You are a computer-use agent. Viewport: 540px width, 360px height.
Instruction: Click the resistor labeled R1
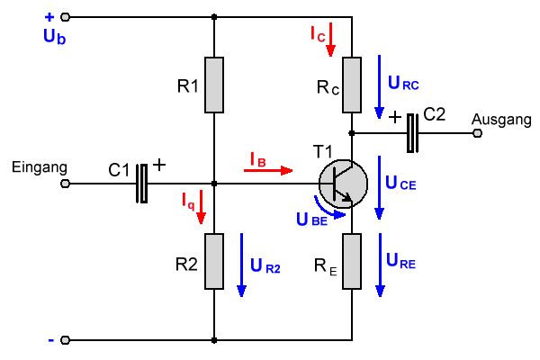[213, 85]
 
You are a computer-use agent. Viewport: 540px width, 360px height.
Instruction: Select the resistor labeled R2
[213, 261]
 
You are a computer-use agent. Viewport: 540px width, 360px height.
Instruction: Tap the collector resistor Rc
[351, 85]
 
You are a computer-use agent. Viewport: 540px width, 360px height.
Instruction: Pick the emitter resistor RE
[351, 261]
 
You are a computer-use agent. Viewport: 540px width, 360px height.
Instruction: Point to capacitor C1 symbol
[141, 183]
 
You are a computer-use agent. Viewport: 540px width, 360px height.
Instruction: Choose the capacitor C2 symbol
[413, 132]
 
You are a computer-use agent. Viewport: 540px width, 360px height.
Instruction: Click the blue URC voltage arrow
[379, 85]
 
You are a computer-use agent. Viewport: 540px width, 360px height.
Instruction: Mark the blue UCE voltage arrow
[379, 184]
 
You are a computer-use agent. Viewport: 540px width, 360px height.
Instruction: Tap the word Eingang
[34, 166]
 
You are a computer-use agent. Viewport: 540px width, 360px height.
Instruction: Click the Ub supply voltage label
[53, 36]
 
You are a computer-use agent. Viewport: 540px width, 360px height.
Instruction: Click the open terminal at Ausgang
[477, 133]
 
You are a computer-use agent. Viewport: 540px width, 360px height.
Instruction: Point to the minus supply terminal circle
[67, 341]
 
